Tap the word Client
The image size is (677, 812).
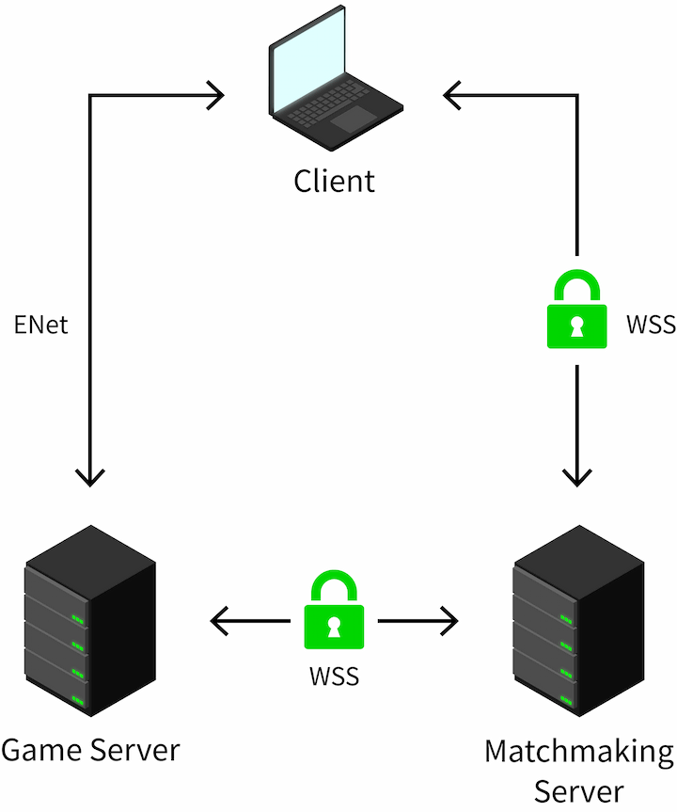click(x=334, y=180)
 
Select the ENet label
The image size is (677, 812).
click(x=40, y=325)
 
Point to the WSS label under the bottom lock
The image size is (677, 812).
click(x=334, y=676)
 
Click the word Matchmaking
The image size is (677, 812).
click(x=579, y=753)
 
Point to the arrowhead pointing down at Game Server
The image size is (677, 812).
click(x=89, y=478)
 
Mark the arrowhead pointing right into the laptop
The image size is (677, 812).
click(x=218, y=94)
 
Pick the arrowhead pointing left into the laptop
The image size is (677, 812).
click(x=451, y=94)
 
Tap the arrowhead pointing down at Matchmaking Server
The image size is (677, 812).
click(x=577, y=477)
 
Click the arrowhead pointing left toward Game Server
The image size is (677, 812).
click(x=217, y=621)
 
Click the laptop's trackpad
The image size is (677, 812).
click(x=354, y=119)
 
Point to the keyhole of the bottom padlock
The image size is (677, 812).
click(x=334, y=625)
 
